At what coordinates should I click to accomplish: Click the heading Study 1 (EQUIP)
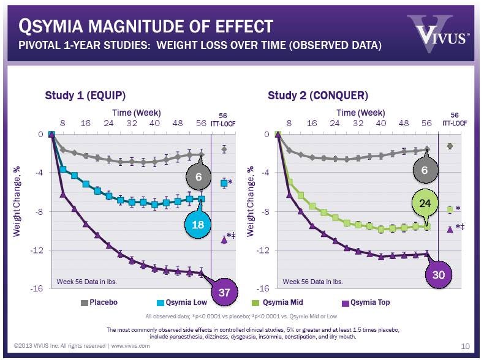click(x=85, y=96)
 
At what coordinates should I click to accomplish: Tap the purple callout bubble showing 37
click(x=224, y=292)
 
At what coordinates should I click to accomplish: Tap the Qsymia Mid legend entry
click(x=276, y=302)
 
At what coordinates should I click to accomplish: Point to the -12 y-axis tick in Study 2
click(x=265, y=250)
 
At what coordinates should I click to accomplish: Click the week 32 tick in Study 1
click(x=132, y=122)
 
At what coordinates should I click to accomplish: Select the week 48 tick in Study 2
click(x=404, y=122)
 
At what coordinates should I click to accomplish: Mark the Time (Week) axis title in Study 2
click(x=360, y=113)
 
